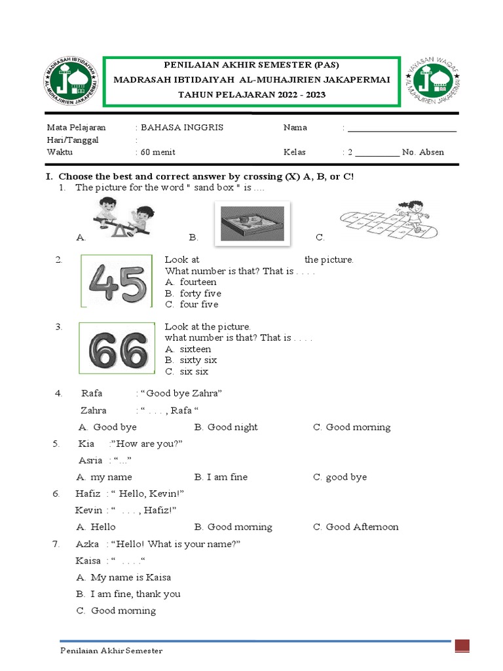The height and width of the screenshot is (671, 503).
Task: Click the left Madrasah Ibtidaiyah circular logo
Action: [72, 82]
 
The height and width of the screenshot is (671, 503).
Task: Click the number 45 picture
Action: [116, 281]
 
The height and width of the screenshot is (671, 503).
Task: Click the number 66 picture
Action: [116, 348]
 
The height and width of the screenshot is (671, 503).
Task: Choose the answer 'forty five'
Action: [200, 294]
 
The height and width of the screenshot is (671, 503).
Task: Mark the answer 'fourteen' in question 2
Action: [198, 282]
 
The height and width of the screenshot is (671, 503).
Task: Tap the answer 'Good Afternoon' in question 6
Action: [362, 527]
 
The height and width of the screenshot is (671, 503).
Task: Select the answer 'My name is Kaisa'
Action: [130, 577]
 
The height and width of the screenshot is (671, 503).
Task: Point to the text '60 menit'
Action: [158, 152]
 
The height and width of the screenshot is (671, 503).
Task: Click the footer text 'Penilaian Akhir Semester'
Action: [111, 651]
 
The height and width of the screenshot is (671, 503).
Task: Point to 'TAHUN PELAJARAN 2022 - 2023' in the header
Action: [252, 94]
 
